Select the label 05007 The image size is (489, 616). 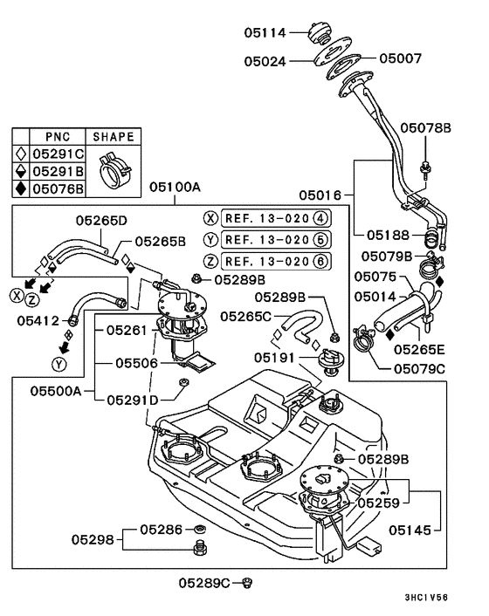point(400,59)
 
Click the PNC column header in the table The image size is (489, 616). point(58,137)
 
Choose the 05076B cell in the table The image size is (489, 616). point(58,188)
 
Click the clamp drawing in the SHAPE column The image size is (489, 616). point(113,169)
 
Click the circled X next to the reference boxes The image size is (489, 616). point(210,218)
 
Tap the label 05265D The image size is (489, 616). point(100,220)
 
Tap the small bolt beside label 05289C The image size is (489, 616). point(248,581)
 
